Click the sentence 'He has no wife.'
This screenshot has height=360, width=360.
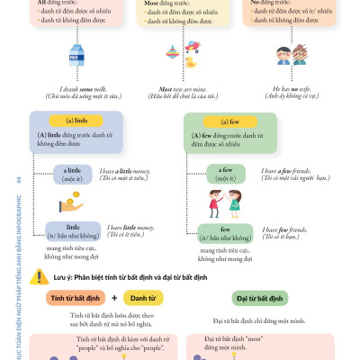click(295, 88)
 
